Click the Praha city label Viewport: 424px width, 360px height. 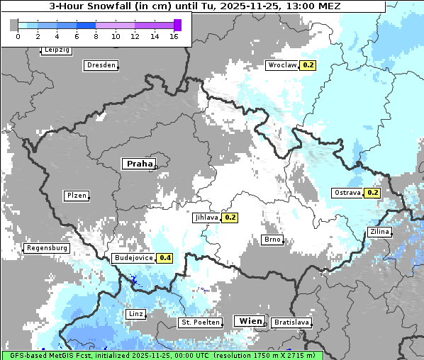[x=139, y=164]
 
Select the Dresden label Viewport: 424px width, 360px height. [x=101, y=65]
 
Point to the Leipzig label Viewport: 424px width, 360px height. [x=57, y=50]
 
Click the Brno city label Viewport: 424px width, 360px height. [x=272, y=240]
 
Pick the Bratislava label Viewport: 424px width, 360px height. [x=291, y=322]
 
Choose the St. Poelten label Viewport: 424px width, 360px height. [x=200, y=322]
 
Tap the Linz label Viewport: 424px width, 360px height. [x=135, y=313]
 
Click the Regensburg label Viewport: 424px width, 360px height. [x=47, y=248]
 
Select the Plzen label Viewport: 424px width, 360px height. [x=77, y=196]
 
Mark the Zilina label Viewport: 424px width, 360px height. [x=379, y=232]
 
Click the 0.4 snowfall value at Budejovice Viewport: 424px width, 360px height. [x=166, y=258]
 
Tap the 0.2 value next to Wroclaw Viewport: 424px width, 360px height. [x=308, y=65]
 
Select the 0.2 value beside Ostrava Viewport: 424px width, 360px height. [x=373, y=193]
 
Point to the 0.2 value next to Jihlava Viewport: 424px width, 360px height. [x=230, y=218]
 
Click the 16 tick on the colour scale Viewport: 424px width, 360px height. [x=174, y=36]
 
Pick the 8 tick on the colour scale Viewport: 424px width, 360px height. [x=96, y=36]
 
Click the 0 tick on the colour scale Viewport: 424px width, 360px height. [x=18, y=36]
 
